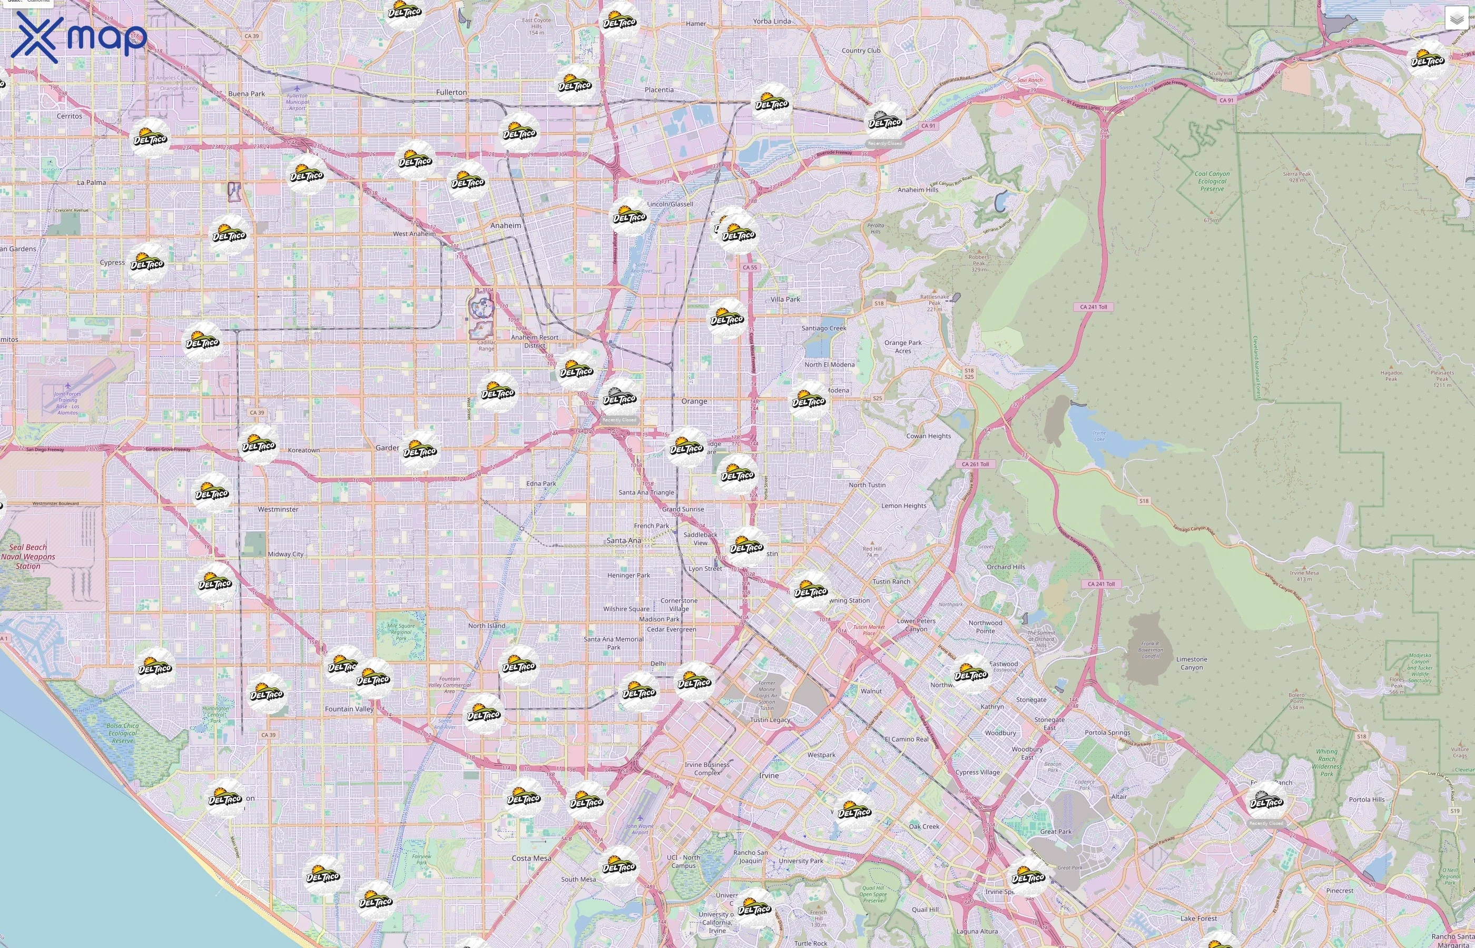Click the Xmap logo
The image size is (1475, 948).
click(x=79, y=37)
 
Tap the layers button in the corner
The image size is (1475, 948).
click(x=1456, y=19)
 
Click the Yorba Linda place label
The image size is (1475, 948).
click(x=771, y=21)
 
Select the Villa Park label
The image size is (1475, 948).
click(x=785, y=299)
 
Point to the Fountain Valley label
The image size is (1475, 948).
click(x=349, y=708)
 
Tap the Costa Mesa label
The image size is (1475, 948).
click(x=532, y=857)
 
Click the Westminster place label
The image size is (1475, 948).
click(x=278, y=509)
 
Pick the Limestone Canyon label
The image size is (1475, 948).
click(x=1191, y=663)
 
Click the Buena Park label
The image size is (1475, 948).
click(x=246, y=94)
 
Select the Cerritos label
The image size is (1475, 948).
click(x=69, y=116)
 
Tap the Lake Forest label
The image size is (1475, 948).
click(x=1198, y=918)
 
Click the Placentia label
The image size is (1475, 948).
click(x=658, y=90)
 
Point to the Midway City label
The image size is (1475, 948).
click(x=286, y=554)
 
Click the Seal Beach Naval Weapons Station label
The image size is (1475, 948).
click(x=28, y=557)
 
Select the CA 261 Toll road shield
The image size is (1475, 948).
click(x=975, y=464)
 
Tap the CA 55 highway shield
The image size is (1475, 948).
click(x=749, y=267)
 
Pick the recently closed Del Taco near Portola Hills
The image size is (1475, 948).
click(x=1266, y=802)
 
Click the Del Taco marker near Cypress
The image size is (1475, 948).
click(x=147, y=263)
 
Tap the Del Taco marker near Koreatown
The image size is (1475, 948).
click(x=259, y=445)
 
